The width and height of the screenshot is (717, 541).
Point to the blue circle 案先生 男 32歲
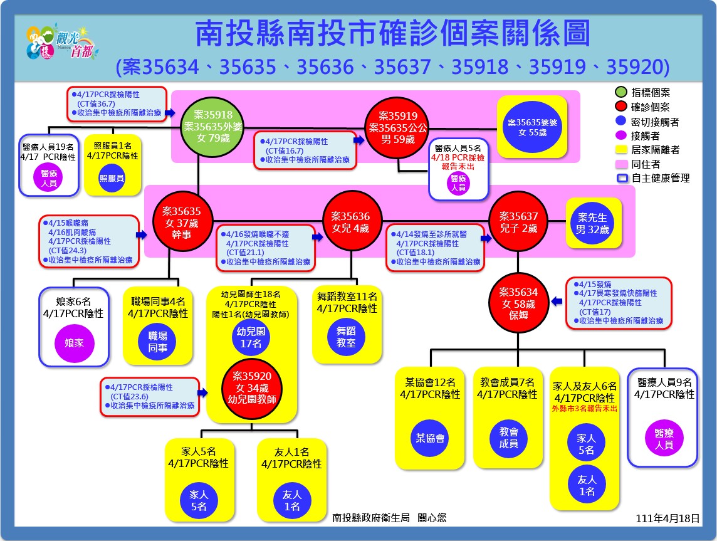593,223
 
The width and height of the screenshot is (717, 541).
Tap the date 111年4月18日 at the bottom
667,518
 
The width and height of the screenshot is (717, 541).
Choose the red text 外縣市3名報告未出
584,408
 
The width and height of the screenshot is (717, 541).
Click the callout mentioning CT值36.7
116,104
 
